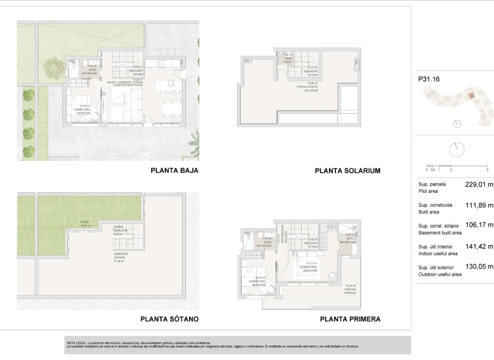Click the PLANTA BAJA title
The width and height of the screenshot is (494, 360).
pos(174,171)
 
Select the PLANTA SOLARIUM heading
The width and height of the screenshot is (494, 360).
pos(347,171)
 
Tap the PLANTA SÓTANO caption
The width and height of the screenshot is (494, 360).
pos(170,319)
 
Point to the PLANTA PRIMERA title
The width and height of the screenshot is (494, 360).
pos(350,319)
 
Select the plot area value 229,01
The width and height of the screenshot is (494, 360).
pos(478,185)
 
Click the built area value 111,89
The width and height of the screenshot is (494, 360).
pos(478,205)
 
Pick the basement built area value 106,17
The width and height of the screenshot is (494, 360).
pos(478,225)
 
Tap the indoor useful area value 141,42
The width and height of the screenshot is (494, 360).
pos(478,247)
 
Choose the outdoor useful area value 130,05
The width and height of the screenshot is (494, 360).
pos(478,267)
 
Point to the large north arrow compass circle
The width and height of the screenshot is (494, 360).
pos(457,149)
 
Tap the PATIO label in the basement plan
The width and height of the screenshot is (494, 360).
pos(85,222)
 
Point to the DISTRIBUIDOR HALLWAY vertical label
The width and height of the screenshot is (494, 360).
pos(280,235)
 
